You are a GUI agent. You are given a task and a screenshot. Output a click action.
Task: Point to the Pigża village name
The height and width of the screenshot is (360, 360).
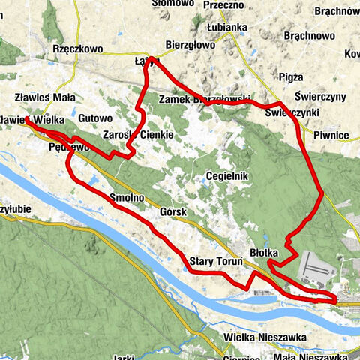tap(289, 76)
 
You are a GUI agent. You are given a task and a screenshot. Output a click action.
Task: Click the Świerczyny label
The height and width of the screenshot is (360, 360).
tap(320, 97)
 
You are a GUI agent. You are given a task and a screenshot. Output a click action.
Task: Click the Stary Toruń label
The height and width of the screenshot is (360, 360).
tap(214, 261)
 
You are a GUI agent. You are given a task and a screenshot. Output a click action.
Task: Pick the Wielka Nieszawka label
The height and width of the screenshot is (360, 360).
tap(265, 338)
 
